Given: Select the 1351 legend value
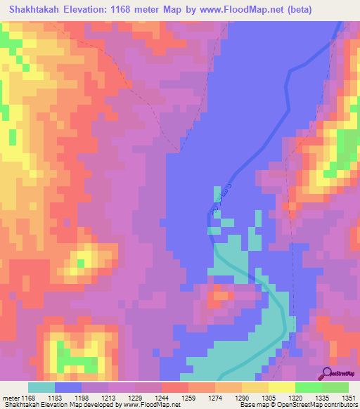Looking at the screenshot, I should (x=349, y=398).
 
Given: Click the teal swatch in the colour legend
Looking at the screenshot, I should (x=41, y=388).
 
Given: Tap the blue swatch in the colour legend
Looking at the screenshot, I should (x=67, y=388).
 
